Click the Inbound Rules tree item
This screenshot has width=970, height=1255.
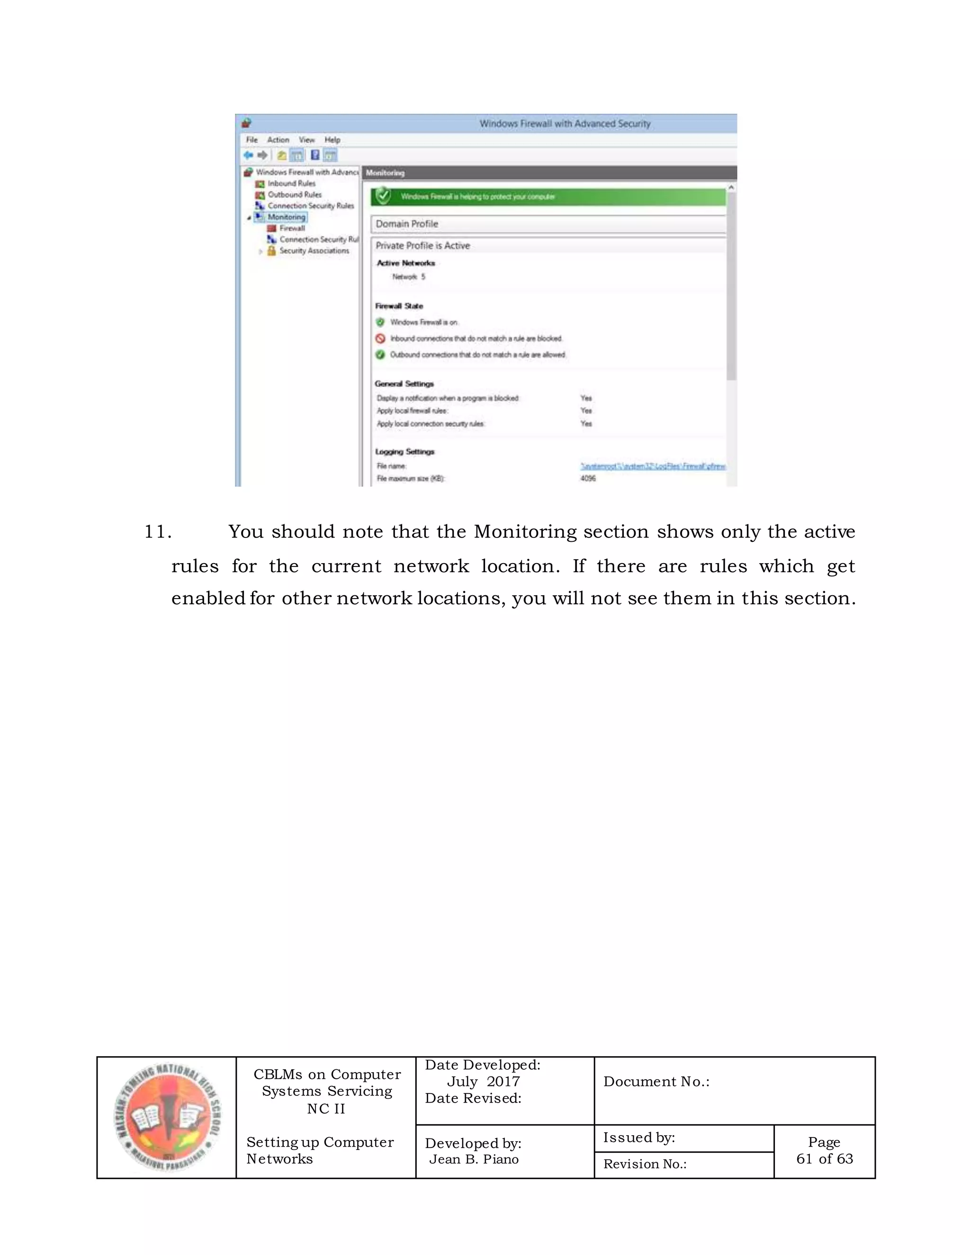[x=291, y=183]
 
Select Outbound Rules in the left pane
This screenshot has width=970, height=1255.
[x=294, y=195]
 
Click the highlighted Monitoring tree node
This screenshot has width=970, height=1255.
[x=286, y=217]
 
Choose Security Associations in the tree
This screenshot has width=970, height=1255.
[x=314, y=251]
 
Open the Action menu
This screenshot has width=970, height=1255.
[x=278, y=140]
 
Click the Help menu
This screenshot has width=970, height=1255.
[x=332, y=140]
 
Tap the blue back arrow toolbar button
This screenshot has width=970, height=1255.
[x=248, y=155]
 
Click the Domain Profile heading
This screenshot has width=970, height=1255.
[x=407, y=224]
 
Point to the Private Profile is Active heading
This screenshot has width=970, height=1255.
[x=422, y=246]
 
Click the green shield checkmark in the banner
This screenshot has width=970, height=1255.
[x=383, y=197]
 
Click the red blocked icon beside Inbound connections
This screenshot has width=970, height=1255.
[x=380, y=339]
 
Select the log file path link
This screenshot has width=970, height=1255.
[x=653, y=466]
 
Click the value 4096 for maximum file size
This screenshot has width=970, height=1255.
[x=588, y=479]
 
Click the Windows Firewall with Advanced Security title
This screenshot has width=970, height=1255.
[x=565, y=124]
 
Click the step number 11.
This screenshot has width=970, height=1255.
[x=157, y=531]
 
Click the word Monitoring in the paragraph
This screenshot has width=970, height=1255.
[x=525, y=531]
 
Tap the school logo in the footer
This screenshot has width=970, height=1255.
[x=167, y=1118]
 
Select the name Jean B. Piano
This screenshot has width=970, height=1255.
[x=474, y=1159]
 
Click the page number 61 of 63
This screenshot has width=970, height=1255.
[x=824, y=1158]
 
